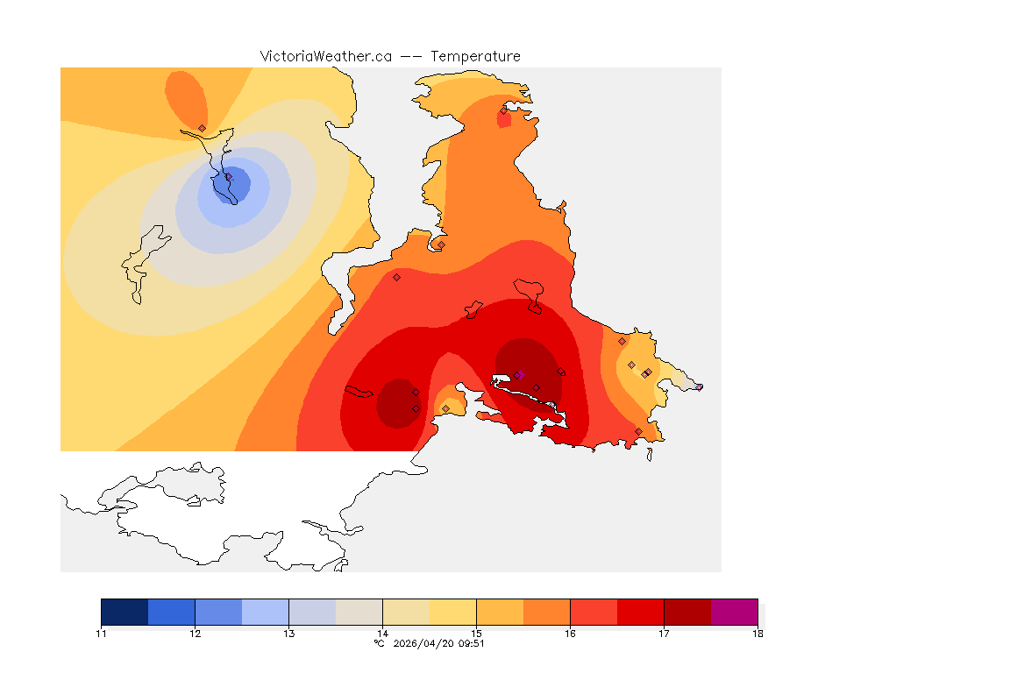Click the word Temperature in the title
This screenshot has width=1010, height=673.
tap(475, 56)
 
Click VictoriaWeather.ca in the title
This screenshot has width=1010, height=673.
tap(325, 56)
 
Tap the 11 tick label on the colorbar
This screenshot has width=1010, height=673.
tap(102, 633)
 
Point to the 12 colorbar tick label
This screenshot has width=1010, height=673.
tap(195, 633)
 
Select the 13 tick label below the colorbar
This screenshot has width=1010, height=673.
tap(288, 633)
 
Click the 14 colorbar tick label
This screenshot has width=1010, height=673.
tap(382, 633)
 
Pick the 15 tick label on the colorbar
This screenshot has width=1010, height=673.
tap(476, 633)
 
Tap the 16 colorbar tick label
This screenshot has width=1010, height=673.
tap(570, 633)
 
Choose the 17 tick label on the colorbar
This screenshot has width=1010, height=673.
tap(664, 633)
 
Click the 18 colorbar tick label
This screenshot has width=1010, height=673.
tap(757, 633)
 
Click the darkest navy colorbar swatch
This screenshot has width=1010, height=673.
tap(124, 612)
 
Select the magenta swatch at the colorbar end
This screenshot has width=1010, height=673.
tap(734, 612)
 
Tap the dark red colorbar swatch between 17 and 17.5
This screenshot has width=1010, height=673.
tap(686, 612)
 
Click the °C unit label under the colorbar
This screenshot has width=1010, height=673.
tap(379, 643)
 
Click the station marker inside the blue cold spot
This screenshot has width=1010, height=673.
tap(229, 177)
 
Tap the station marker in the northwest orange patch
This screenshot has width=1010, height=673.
tap(202, 128)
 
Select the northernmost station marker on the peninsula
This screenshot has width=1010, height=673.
tap(503, 110)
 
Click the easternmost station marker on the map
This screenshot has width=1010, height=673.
tap(699, 386)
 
